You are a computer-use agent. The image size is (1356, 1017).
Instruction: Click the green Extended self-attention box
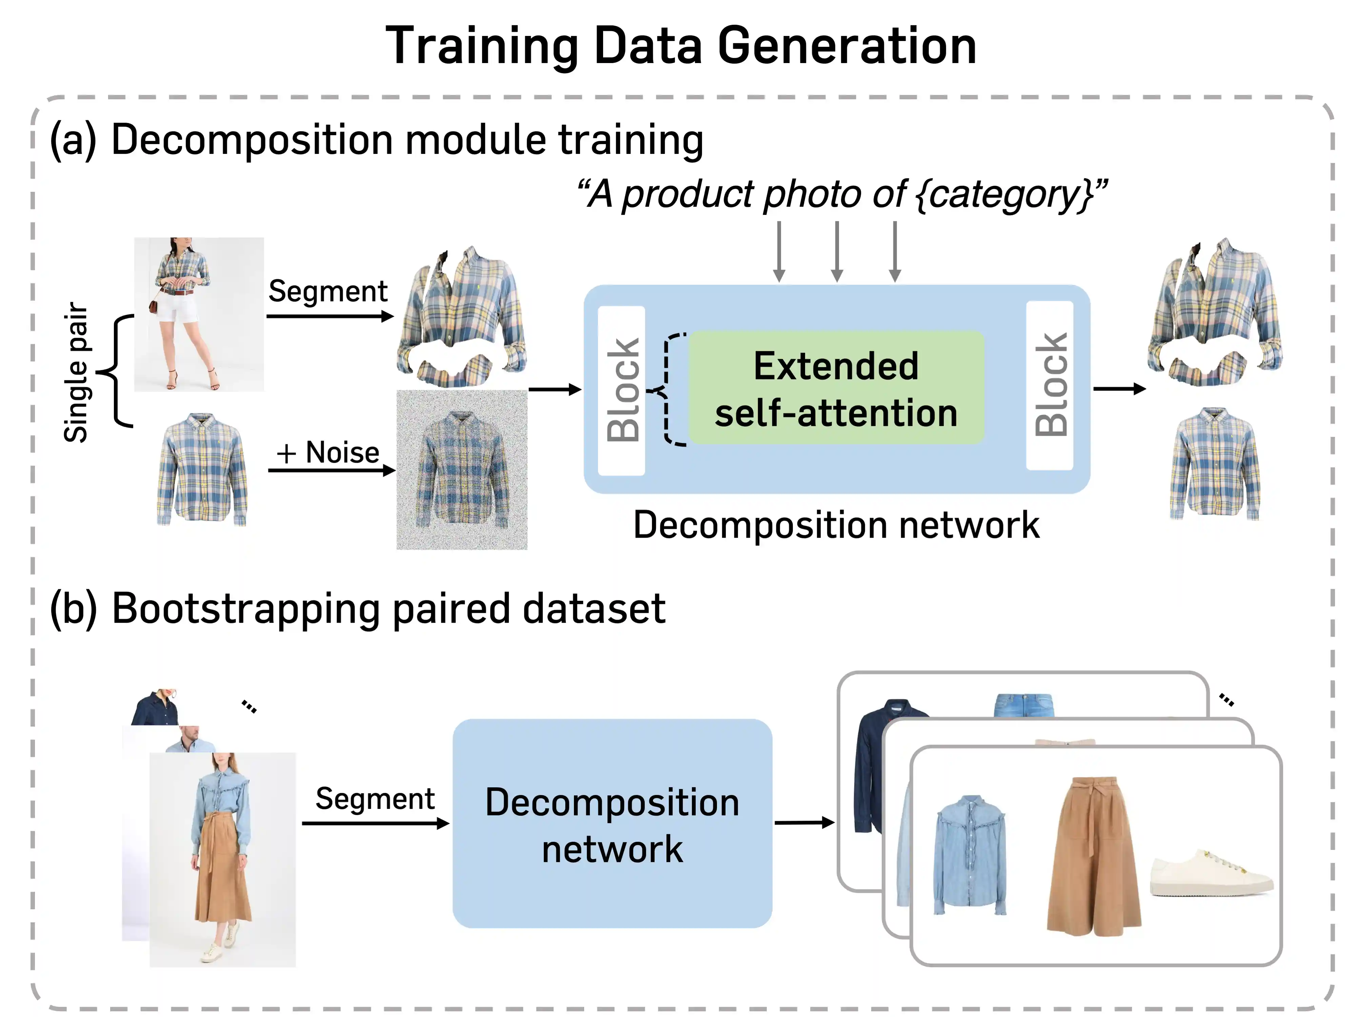(836, 388)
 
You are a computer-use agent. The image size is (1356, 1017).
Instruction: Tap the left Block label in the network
(622, 391)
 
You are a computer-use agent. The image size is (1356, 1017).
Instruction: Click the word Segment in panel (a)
(328, 291)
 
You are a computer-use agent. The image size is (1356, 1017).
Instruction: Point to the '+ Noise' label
(328, 453)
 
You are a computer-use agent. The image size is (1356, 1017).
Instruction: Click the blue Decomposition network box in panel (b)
(612, 823)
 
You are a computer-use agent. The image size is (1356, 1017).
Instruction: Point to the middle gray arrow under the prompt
(837, 251)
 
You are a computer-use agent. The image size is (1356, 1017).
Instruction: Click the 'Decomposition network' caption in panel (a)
(836, 525)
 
